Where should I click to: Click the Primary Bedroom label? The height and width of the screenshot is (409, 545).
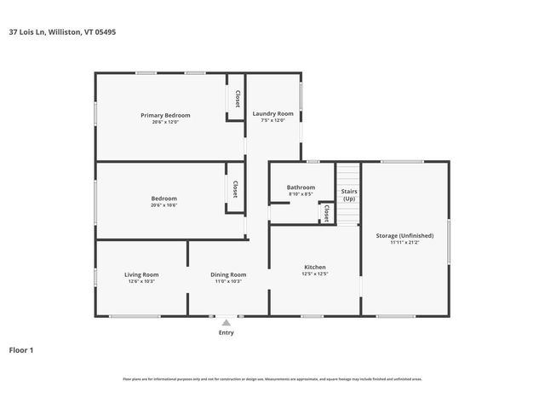[165, 115]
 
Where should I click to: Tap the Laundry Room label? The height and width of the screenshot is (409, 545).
[272, 113]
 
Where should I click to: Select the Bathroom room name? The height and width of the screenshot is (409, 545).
[301, 187]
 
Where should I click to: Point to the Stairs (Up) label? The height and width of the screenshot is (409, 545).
[348, 194]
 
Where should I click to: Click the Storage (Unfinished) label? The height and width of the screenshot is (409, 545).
[404, 235]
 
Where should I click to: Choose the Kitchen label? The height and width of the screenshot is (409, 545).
[315, 268]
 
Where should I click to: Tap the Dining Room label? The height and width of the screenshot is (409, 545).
[228, 274]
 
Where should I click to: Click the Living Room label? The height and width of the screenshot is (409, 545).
[141, 274]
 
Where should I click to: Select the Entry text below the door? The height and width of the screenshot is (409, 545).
[226, 332]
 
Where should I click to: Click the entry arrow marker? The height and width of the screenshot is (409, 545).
[226, 322]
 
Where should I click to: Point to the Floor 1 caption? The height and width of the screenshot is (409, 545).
[21, 349]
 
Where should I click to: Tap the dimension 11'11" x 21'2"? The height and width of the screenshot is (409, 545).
[404, 242]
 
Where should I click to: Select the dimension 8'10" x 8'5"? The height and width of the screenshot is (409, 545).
[301, 194]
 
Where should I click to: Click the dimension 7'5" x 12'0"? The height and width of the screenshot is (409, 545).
[272, 120]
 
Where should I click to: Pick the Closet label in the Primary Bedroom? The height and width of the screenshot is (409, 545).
[237, 98]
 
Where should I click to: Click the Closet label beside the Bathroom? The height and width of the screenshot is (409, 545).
[326, 214]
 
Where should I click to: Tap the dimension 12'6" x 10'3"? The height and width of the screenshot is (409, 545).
[141, 281]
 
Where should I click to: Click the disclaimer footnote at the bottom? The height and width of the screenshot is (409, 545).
[272, 379]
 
